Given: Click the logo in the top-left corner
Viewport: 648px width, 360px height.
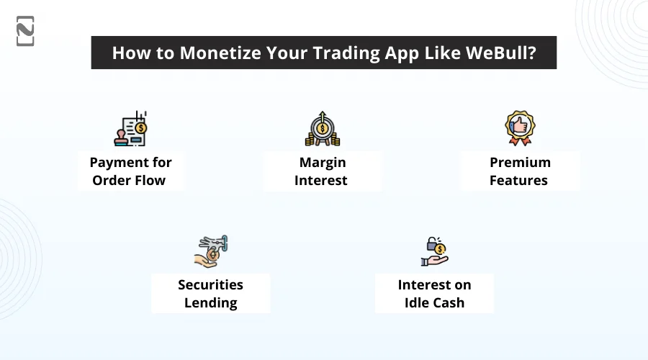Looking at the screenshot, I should coord(25,31).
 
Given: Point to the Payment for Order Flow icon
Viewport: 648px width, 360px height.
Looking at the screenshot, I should coord(131,130).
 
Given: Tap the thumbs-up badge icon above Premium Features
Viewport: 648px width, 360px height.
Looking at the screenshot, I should coord(518,128).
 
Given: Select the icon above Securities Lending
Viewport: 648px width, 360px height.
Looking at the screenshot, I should coord(211,251).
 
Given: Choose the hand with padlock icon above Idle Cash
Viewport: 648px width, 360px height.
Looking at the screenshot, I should coord(434,251).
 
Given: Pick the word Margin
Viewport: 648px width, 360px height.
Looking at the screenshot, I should coord(321,162).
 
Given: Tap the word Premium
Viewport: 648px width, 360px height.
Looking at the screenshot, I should coord(519,162).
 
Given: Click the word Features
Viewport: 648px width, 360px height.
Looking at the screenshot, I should coord(519,180).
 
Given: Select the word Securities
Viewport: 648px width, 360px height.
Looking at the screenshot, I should coord(211,284).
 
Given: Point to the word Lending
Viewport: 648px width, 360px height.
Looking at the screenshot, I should coord(211,302).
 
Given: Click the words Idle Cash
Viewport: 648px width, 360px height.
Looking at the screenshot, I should coord(434,302).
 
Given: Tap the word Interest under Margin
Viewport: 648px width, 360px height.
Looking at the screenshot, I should coord(321,180).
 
